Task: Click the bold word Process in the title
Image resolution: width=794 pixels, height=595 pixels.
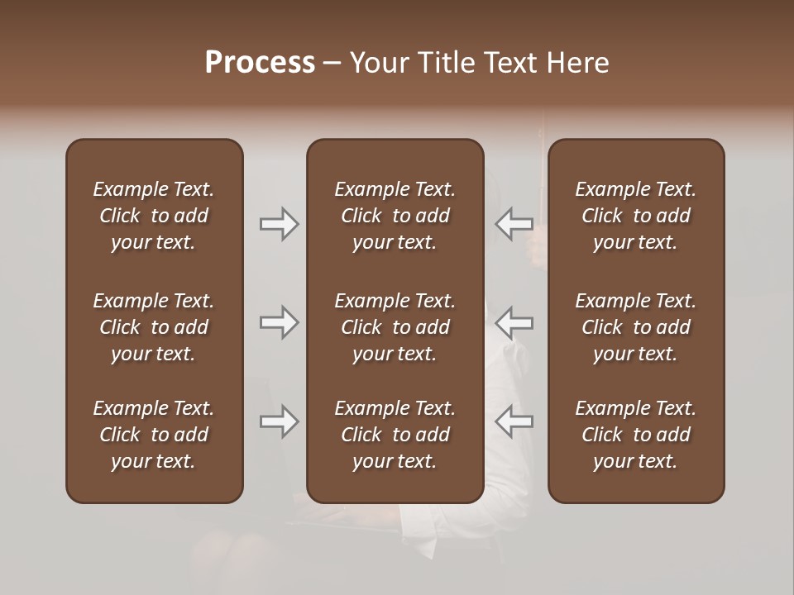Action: click(260, 63)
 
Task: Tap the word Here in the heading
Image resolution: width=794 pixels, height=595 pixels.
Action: click(577, 63)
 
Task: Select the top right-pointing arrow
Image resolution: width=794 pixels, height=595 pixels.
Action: click(279, 224)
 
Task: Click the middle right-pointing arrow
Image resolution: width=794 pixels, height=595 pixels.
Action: click(279, 322)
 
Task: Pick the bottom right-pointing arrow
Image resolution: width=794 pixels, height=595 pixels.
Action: click(279, 421)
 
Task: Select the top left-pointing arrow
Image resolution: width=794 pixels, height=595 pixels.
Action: click(514, 223)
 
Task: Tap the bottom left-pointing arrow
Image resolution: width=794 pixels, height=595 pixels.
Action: click(514, 421)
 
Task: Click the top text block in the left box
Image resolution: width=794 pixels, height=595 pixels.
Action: click(154, 216)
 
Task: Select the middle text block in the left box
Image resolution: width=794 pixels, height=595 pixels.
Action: click(154, 327)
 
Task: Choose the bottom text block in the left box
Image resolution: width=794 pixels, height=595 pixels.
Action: click(154, 435)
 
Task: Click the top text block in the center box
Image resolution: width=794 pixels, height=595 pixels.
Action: click(395, 216)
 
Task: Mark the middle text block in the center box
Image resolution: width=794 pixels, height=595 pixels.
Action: click(395, 327)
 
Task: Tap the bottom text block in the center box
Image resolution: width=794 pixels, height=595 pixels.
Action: click(395, 435)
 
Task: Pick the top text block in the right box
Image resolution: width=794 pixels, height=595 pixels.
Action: click(636, 216)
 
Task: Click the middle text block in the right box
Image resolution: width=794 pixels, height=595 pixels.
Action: click(636, 327)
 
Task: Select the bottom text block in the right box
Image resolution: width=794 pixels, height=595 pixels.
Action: click(636, 435)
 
